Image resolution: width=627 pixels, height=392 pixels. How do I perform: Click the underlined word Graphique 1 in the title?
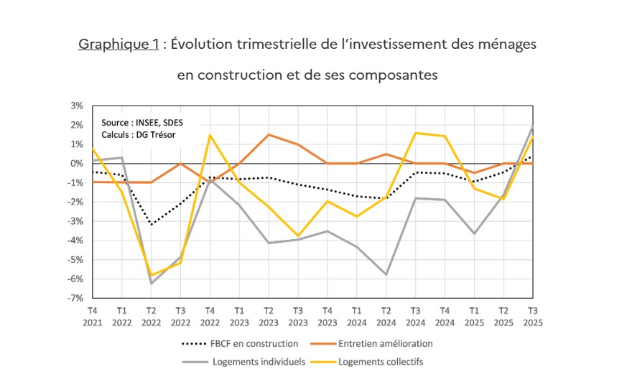coord(119,45)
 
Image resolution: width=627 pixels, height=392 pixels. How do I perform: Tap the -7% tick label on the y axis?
coord(76,298)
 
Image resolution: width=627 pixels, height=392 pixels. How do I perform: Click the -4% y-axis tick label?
coord(76,241)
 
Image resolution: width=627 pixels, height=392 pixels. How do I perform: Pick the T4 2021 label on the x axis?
coord(93,316)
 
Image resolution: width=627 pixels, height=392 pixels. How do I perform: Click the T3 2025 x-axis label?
coord(532,316)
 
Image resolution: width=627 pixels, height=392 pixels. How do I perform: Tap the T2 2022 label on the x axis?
coord(152,316)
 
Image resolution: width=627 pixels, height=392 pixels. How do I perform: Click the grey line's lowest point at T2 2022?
coord(152,283)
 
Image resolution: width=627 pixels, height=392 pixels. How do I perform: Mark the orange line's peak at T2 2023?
coord(269,135)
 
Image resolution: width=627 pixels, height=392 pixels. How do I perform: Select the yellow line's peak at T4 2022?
coord(210,135)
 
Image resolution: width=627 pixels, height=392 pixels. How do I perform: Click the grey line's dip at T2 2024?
coord(386,274)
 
